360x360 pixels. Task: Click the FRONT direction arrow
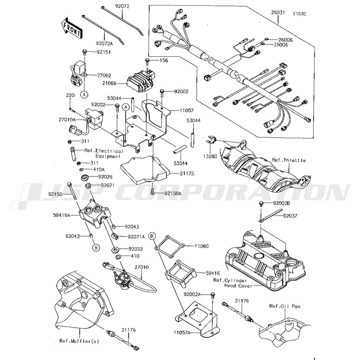[71, 27]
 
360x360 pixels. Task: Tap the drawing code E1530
[299, 14]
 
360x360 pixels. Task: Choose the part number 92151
[103, 53]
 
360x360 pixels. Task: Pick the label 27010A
[67, 120]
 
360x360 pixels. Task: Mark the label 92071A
[136, 236]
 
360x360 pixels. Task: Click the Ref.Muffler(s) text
[79, 341]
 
